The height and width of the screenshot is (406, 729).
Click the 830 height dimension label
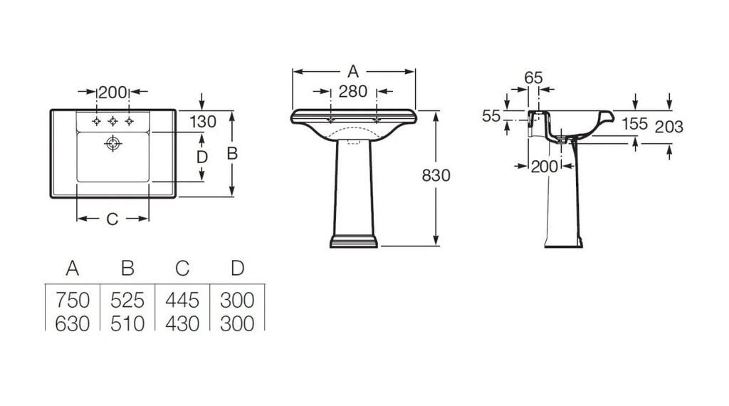pyautogui.click(x=436, y=175)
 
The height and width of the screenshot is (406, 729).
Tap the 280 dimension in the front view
pyautogui.click(x=353, y=92)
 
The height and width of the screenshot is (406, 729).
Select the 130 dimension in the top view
pyautogui.click(x=203, y=122)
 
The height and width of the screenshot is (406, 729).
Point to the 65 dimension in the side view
pyautogui.click(x=533, y=78)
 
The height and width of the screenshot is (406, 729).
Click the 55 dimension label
pyautogui.click(x=491, y=116)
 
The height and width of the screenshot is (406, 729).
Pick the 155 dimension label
pyautogui.click(x=635, y=124)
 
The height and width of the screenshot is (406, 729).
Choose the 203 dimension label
pyautogui.click(x=669, y=127)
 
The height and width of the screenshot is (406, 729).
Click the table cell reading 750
pyautogui.click(x=73, y=301)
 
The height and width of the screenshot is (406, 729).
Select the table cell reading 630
pyautogui.click(x=73, y=323)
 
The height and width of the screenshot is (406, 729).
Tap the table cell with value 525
pyautogui.click(x=127, y=301)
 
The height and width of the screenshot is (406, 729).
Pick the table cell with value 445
pyautogui.click(x=182, y=301)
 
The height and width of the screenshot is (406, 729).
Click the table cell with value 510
pyautogui.click(x=127, y=323)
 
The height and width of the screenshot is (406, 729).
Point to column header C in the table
pyautogui.click(x=182, y=269)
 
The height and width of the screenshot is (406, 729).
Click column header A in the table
pyautogui.click(x=73, y=269)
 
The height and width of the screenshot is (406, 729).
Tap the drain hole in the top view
pyautogui.click(x=113, y=144)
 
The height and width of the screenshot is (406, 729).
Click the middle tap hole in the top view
pyautogui.click(x=113, y=121)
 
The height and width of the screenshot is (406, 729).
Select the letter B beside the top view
pyautogui.click(x=233, y=153)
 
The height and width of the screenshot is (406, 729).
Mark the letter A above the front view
pyautogui.click(x=353, y=72)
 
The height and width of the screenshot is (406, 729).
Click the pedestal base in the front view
pyautogui.click(x=354, y=241)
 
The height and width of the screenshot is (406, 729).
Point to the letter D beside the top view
pyautogui.click(x=201, y=157)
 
